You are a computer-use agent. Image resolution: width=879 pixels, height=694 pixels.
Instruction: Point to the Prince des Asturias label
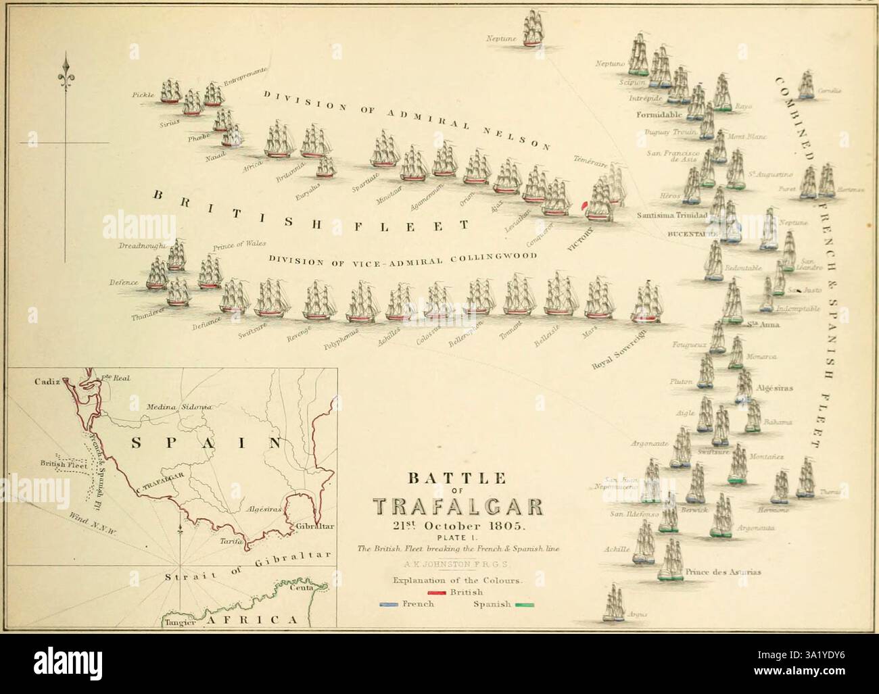(723, 572)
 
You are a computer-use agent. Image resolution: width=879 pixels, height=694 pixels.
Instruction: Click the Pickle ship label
(144, 96)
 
